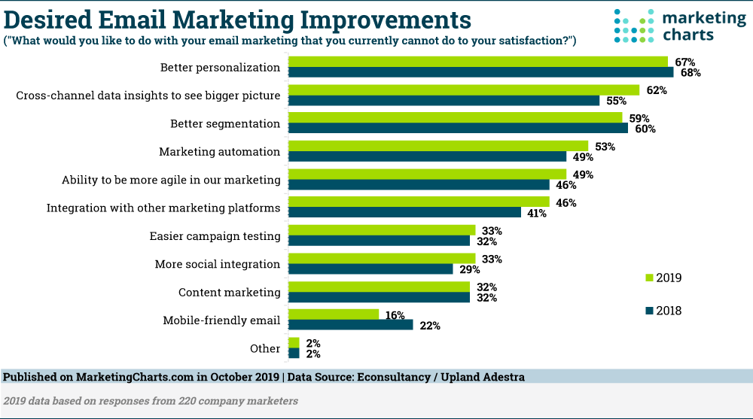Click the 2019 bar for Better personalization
(478, 62)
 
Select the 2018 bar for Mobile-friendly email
(351, 325)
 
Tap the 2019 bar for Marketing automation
(438, 146)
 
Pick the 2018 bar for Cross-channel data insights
(444, 101)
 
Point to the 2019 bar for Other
(294, 342)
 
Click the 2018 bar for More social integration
(370, 269)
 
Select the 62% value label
(657, 90)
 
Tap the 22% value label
(429, 326)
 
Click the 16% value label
(395, 315)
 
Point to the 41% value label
(536, 214)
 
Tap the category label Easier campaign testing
(215, 236)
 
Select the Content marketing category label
(229, 293)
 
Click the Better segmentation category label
(224, 123)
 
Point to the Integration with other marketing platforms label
(163, 208)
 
